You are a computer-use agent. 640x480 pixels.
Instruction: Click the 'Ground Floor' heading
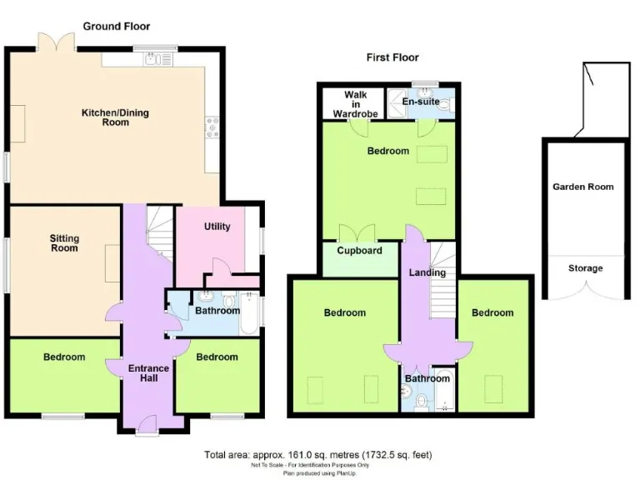coord(117,27)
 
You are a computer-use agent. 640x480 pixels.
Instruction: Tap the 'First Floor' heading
coord(392,57)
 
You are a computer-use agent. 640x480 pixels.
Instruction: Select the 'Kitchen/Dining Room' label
coord(116,117)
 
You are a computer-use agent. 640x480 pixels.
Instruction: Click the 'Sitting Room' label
coord(64,242)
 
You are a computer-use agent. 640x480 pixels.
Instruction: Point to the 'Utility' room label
coord(217,227)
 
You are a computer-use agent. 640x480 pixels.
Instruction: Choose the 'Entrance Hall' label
coord(148,373)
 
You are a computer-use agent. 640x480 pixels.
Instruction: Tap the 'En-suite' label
coord(420,102)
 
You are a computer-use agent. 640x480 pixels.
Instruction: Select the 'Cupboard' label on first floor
coord(359,251)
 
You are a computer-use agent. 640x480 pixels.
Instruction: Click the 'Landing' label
coord(427,272)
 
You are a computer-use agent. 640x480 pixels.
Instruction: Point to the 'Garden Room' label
coord(583,187)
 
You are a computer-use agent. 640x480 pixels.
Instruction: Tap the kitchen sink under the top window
coord(155,58)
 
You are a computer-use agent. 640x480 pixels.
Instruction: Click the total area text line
coord(318,455)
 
